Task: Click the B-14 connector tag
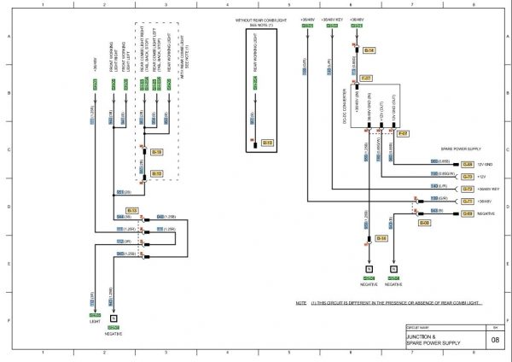(369, 51)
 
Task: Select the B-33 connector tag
(131, 210)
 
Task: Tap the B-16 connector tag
(382, 238)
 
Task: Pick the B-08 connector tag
(424, 223)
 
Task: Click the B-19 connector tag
(157, 153)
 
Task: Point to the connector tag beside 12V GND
(467, 163)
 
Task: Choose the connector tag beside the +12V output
(467, 176)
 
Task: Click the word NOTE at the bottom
(300, 303)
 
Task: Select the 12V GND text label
(485, 163)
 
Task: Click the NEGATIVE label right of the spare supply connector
(486, 213)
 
